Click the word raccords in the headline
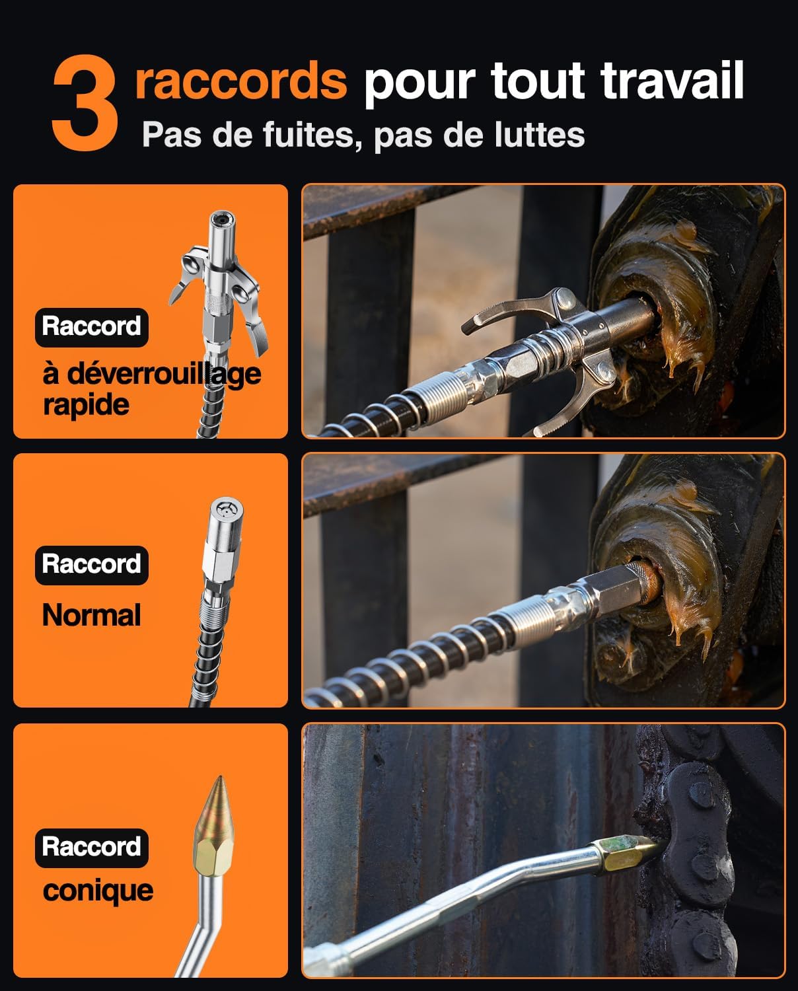coord(241,81)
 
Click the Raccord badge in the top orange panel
coord(91,326)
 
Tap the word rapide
coord(86,404)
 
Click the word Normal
coord(91,616)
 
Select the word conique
coord(98,891)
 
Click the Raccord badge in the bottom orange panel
coord(91,847)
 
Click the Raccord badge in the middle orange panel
coord(91,564)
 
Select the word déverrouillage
coord(152,375)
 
